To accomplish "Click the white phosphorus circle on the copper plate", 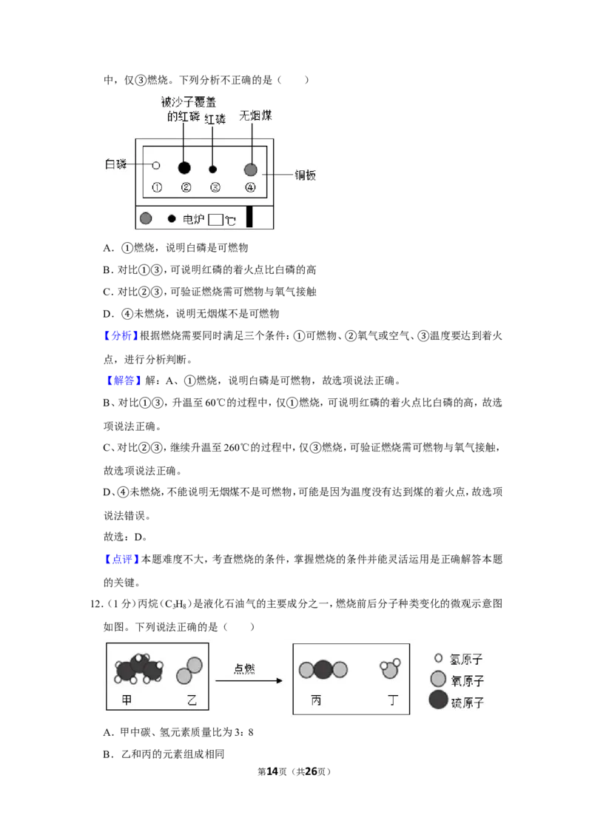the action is [x=156, y=165].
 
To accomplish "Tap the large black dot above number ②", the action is [x=184, y=168].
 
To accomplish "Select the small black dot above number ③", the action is [x=212, y=170].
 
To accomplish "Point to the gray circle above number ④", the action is [x=251, y=170].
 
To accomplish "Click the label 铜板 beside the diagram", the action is [x=306, y=175].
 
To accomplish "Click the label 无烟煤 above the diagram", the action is [x=255, y=115].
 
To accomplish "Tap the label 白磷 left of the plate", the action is [x=115, y=164].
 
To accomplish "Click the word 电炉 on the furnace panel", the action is [x=193, y=219].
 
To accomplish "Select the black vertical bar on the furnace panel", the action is [x=249, y=218].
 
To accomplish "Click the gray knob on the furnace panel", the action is [x=146, y=218].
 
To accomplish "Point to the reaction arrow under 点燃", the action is [x=249, y=680].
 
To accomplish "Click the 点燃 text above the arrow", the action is [x=244, y=668].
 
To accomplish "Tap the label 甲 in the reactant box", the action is [x=127, y=700].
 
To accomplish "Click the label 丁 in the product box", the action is [x=393, y=700].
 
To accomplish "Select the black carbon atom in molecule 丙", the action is [x=323, y=669].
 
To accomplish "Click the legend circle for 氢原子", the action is [x=439, y=658].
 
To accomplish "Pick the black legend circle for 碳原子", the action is [x=438, y=700].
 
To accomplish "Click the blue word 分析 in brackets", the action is [x=122, y=335].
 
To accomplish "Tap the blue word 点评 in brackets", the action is [x=122, y=559].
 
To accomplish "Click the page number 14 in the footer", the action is [x=272, y=771].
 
